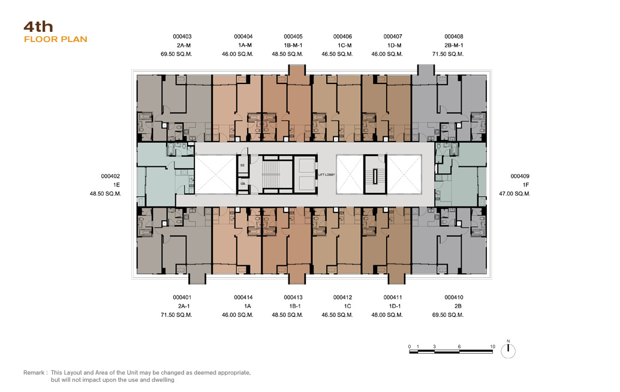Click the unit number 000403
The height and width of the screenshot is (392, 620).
[182, 37]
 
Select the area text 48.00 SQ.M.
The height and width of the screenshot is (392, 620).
[387, 315]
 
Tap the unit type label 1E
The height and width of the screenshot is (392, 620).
[116, 185]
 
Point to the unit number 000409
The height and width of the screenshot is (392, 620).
[520, 176]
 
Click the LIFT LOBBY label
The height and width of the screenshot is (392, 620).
[327, 175]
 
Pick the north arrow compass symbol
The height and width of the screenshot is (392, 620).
[508, 351]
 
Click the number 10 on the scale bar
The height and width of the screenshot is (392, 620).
[492, 346]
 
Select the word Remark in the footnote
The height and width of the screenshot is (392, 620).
[34, 373]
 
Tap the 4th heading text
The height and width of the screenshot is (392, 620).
[38, 26]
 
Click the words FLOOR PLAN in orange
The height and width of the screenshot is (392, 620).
[55, 39]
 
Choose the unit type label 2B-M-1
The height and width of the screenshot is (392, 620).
[453, 45]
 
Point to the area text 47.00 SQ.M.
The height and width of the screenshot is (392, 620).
[514, 194]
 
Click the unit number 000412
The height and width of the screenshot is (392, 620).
[342, 297]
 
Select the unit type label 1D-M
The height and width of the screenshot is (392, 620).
[394, 45]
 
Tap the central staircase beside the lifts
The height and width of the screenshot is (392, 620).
[271, 174]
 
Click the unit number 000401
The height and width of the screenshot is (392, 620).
[182, 297]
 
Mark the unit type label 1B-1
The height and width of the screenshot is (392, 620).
[295, 306]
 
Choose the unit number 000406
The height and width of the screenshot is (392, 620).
[342, 37]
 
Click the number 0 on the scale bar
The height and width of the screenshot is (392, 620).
[410, 346]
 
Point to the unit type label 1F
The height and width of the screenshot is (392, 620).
[525, 185]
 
